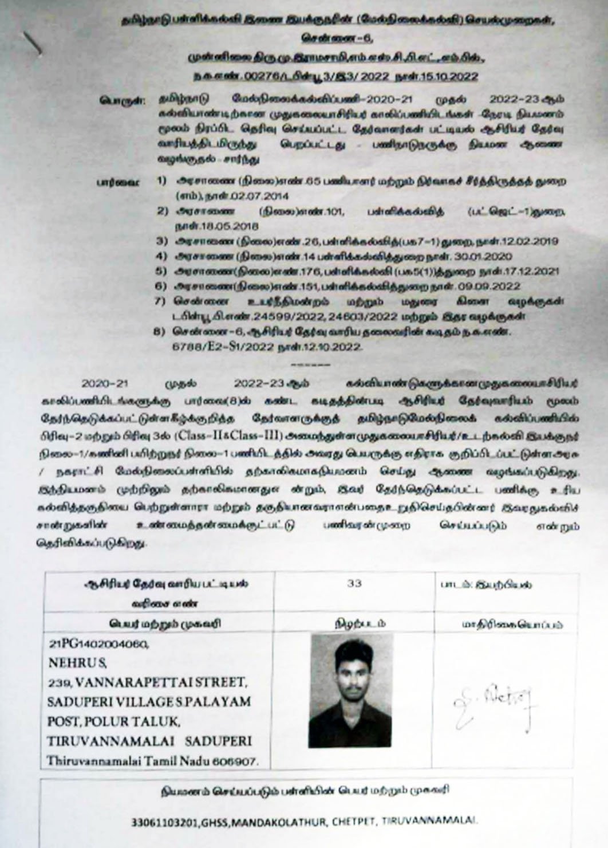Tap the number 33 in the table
[354, 583]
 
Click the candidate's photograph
[351, 690]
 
